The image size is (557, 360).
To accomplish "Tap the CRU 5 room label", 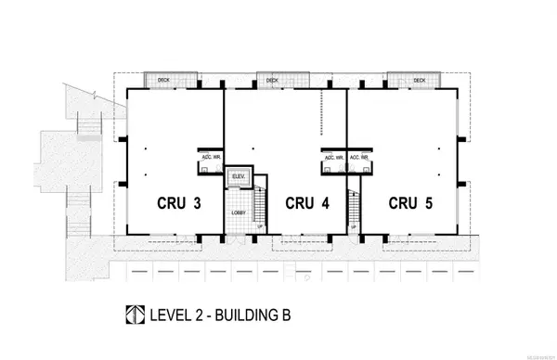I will point(411,202).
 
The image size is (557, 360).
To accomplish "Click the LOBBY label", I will point(239,213).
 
